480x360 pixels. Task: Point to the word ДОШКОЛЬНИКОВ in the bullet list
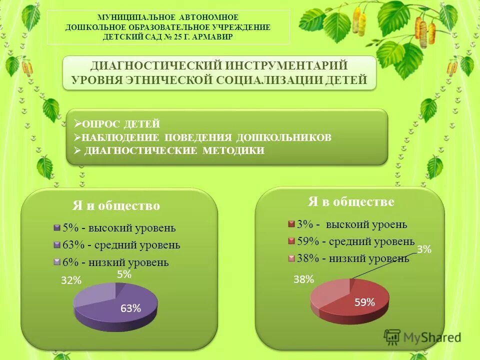coord(283,137)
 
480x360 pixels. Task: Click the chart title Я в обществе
coord(351,201)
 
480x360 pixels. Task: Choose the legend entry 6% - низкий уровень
coord(115,262)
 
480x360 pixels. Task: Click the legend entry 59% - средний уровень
coord(355,241)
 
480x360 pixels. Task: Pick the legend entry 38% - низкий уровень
coord(352,258)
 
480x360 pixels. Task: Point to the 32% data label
coord(71,280)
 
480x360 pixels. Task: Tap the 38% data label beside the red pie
coord(303,279)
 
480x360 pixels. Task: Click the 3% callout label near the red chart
coord(424,249)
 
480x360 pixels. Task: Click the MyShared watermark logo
coord(422,337)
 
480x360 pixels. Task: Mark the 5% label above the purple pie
coord(124,274)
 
